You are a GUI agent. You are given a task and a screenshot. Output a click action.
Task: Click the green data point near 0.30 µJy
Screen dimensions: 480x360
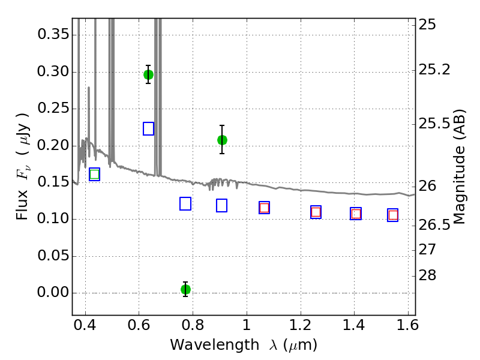[x=148, y=74]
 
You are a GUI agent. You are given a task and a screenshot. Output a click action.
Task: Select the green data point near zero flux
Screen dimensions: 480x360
[x=185, y=289]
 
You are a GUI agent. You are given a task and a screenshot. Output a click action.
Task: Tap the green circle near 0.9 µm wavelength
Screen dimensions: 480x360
[x=222, y=140]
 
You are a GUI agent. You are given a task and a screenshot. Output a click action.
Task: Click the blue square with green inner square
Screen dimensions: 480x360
[x=95, y=174]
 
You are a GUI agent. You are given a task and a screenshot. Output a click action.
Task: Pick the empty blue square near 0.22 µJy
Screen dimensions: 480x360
[x=148, y=128]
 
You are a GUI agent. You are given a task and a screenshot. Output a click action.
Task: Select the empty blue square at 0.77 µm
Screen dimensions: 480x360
[x=185, y=204]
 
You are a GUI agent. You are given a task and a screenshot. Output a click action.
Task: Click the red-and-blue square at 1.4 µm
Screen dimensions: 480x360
[x=356, y=214]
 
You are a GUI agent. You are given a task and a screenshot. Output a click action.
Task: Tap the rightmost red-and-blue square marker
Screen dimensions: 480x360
[x=393, y=215]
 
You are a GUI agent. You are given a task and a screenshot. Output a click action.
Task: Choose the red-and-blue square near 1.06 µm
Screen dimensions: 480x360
[x=264, y=208]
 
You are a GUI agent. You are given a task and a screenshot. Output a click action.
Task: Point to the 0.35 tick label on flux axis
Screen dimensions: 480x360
[x=53, y=34]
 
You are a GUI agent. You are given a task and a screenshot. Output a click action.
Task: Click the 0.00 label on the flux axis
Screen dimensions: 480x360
[x=53, y=292]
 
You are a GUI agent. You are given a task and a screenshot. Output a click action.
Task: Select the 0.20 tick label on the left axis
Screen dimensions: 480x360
[x=53, y=145]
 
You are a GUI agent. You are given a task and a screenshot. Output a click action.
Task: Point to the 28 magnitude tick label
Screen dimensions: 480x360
[x=427, y=275]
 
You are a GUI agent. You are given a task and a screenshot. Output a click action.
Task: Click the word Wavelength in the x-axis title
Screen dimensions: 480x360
[x=215, y=345]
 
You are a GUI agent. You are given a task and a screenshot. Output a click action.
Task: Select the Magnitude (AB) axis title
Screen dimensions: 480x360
[x=458, y=167]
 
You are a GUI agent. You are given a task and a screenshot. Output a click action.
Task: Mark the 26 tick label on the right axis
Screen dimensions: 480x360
[x=427, y=186]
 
